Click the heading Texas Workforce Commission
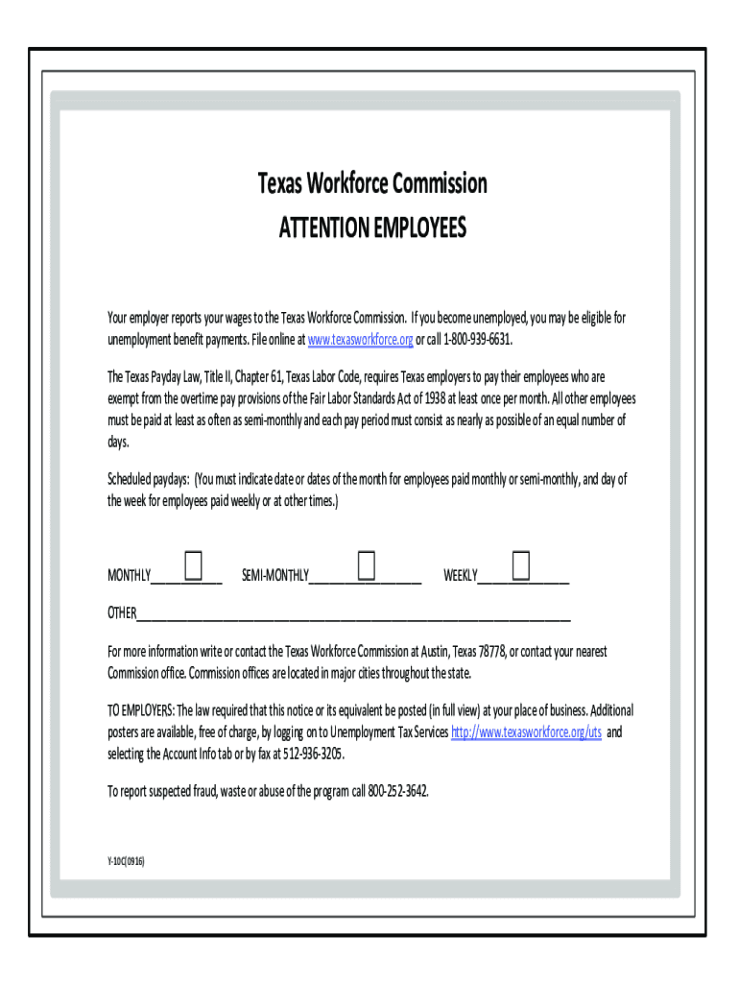coord(371,183)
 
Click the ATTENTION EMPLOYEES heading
coord(371,228)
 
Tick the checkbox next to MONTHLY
coord(193,566)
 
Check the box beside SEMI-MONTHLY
coord(366,565)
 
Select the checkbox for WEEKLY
coord(521,565)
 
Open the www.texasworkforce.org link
coord(359,341)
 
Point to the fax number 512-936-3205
coord(309,755)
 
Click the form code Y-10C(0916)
coord(126,859)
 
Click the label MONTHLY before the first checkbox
coord(129,576)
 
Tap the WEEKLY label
coord(460,576)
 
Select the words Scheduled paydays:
coord(148,479)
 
